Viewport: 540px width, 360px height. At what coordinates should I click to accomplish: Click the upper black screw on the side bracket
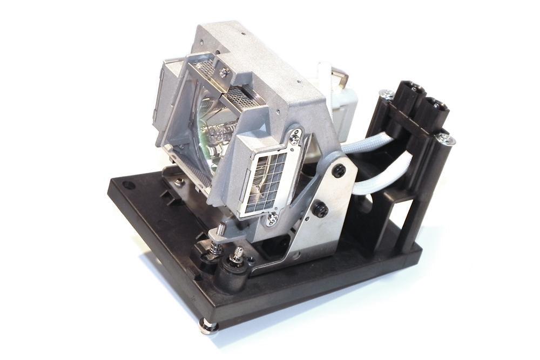point(339,171)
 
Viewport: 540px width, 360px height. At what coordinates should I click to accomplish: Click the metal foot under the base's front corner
point(208,325)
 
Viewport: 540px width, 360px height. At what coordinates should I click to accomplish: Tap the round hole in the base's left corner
point(129,185)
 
